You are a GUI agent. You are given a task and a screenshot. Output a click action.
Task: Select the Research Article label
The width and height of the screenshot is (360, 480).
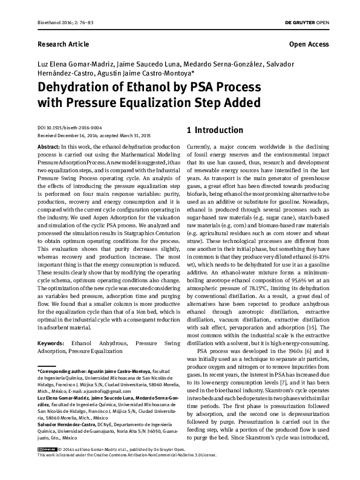pos(63,44)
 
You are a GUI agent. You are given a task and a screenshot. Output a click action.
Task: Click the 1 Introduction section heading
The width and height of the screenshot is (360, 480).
pos(215,130)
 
